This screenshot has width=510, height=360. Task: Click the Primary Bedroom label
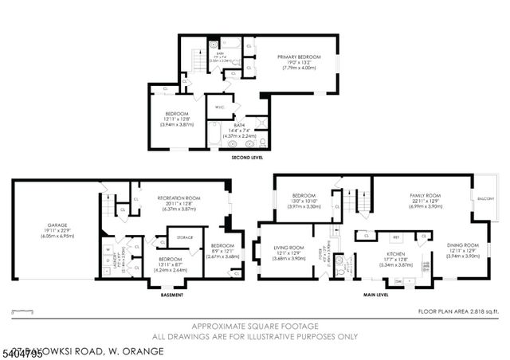coord(299,57)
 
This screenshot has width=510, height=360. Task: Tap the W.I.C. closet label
coord(218,107)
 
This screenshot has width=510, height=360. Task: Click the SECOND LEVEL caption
coord(246,158)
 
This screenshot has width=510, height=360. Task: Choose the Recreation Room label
coord(178,198)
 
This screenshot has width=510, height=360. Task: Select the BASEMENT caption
coord(171,295)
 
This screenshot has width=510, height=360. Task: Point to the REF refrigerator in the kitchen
coord(394,237)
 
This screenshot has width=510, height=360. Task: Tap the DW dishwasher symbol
coord(398,280)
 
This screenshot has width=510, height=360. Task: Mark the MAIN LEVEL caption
coord(375,295)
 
